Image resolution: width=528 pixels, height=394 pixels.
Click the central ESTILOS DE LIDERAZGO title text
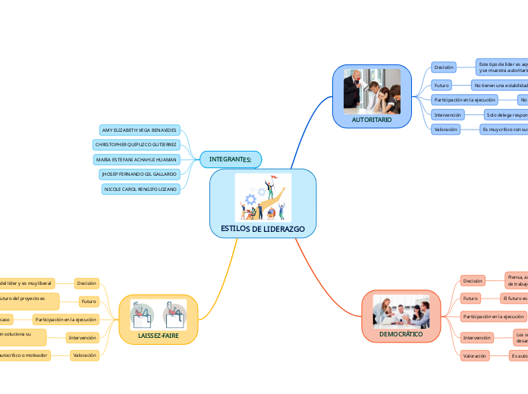(x=262, y=229)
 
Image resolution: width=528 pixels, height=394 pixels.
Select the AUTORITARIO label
(x=372, y=120)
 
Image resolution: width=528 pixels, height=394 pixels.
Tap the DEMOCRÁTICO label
(x=401, y=333)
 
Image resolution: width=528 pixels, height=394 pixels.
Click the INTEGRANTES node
(x=231, y=158)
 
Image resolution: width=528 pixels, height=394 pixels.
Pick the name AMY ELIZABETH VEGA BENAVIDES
(x=139, y=130)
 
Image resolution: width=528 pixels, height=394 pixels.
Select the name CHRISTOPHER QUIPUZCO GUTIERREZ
(x=136, y=145)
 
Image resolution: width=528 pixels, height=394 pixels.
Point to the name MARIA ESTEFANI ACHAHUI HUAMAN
(x=137, y=159)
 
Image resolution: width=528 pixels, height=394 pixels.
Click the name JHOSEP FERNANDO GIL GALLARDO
(x=139, y=174)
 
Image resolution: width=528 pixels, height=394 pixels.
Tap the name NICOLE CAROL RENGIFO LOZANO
(x=140, y=188)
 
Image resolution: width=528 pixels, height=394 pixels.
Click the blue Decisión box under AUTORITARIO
(x=444, y=67)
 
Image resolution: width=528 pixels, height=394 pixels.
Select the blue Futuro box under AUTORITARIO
(x=442, y=85)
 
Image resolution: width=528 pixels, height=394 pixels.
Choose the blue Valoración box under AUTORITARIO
(x=445, y=130)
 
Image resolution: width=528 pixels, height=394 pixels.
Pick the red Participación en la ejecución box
(x=493, y=316)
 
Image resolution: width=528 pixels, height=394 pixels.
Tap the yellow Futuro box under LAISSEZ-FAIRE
(x=89, y=302)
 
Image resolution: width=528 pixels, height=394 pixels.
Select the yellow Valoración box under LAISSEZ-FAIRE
(x=83, y=355)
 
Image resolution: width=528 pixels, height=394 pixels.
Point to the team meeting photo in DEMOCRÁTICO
(x=401, y=311)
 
